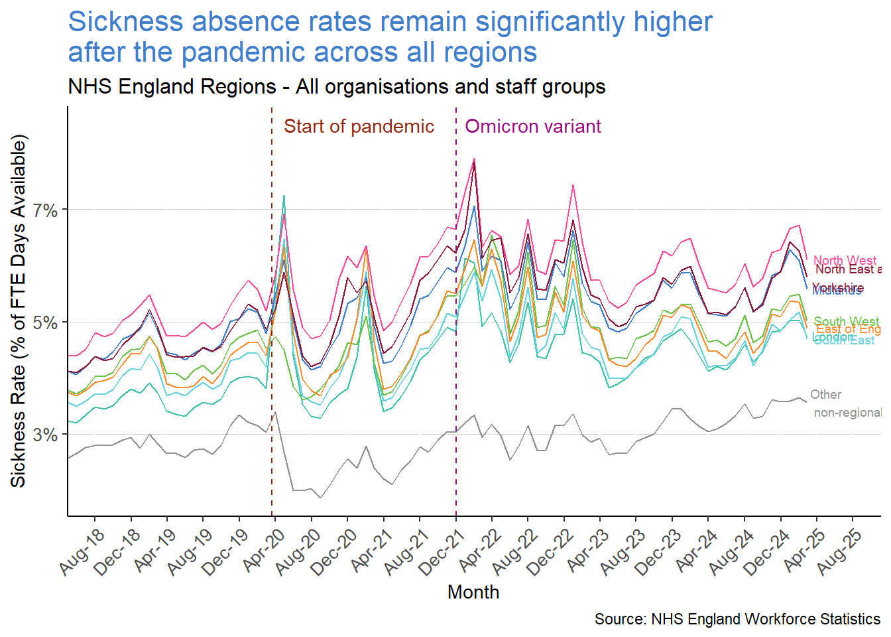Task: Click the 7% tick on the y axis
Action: [x=45, y=210]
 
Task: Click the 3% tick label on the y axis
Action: [x=45, y=435]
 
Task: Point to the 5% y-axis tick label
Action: [x=45, y=323]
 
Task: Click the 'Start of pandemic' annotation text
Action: [x=359, y=127]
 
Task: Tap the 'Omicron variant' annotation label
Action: [x=533, y=127]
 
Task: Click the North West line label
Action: [x=844, y=260]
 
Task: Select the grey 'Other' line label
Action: [x=825, y=395]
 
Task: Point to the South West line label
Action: [x=845, y=322]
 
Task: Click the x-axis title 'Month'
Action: [x=473, y=592]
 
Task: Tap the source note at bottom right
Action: [x=737, y=619]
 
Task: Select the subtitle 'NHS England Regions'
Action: [x=172, y=87]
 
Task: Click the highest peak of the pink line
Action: [x=474, y=159]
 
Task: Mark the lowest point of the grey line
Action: [x=321, y=498]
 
